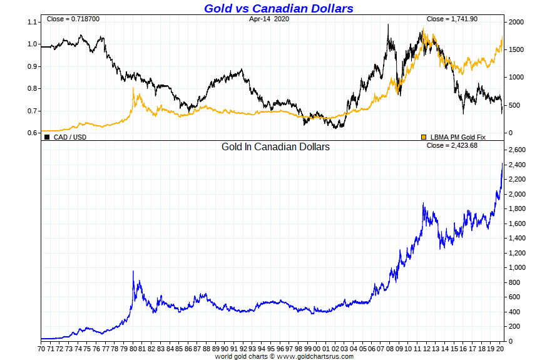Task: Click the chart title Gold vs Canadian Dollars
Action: tap(278, 8)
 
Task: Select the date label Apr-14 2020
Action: tap(269, 19)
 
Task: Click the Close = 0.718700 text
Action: tap(73, 19)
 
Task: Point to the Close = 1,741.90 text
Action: tap(452, 19)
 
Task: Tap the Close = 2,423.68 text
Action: tap(452, 146)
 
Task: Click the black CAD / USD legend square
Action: tap(47, 136)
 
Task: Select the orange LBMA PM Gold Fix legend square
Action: tap(424, 136)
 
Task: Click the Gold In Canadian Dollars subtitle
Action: tap(275, 147)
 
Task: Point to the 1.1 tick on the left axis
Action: tap(33, 22)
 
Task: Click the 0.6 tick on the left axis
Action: tap(33, 133)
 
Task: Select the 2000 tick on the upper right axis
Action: tap(516, 22)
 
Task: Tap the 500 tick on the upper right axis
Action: tap(514, 105)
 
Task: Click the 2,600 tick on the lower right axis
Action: tap(519, 150)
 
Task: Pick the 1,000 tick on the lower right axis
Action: tap(519, 268)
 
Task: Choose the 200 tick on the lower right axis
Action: tap(516, 327)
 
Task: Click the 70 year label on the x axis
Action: tap(41, 348)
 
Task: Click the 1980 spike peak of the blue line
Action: tap(133, 271)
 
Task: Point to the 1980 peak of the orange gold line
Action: tap(133, 88)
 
